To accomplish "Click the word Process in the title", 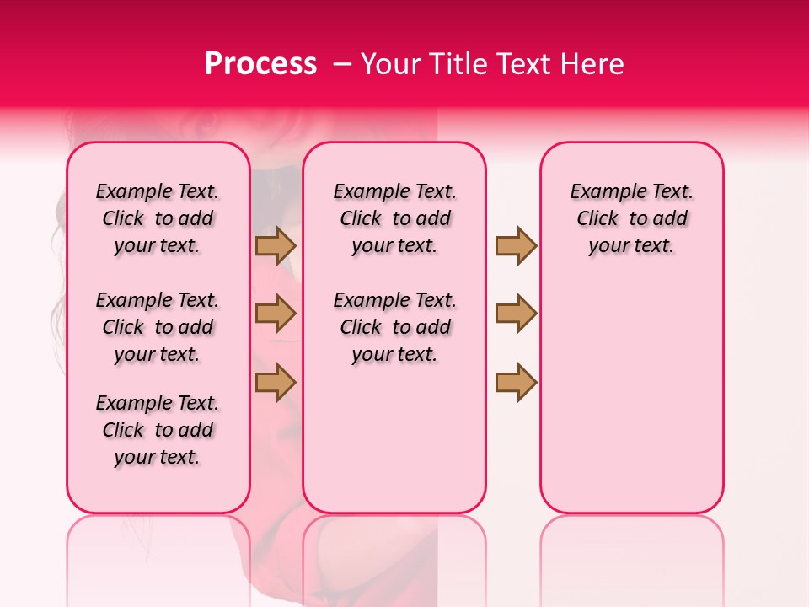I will point(260,64).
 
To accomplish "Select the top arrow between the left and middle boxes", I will point(276,246).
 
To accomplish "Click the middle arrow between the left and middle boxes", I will point(276,314).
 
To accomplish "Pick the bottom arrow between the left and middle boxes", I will point(276,382).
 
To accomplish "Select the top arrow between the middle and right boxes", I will point(516,246).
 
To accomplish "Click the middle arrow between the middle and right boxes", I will point(516,314).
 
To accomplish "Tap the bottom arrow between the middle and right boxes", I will point(516,382).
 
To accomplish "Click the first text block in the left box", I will point(158,218).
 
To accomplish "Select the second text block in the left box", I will point(158,327).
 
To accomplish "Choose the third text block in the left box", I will point(158,430).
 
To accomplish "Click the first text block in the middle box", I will point(394,218).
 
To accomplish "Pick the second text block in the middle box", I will point(394,327).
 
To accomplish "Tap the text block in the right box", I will point(631,218).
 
